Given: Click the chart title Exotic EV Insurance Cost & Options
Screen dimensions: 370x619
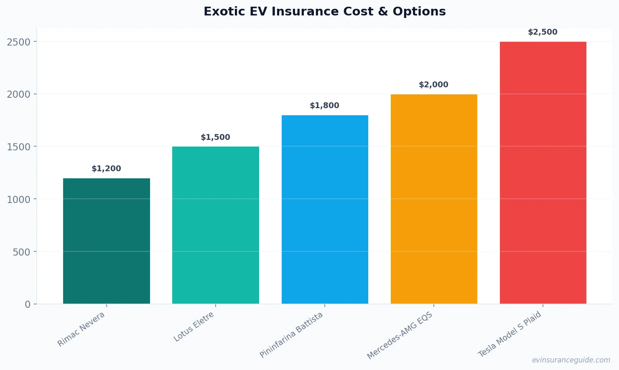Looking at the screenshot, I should pos(324,12).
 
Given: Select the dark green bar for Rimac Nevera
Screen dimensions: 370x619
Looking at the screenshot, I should pos(106,241).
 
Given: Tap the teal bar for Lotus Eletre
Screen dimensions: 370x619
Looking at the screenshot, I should pos(215,225).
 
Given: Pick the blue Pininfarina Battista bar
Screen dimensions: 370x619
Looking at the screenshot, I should pos(325,209).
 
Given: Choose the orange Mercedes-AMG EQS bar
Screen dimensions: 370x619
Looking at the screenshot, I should pos(434,199).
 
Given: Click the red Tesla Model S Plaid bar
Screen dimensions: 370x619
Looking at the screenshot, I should pos(543,172).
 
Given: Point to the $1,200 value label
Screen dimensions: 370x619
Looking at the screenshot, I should pos(106,169).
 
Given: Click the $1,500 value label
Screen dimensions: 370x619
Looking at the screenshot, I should pos(215,137).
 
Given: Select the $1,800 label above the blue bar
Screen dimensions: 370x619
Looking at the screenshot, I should pos(324,106).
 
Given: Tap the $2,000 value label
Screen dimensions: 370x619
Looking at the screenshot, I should pos(433,85).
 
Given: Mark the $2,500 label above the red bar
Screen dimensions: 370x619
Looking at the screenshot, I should pos(543,32).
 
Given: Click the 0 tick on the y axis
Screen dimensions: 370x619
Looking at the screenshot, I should pos(28,304).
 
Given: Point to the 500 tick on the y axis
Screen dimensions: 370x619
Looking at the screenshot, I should pos(22,252).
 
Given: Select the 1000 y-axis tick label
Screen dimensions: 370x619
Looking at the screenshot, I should pos(19,200).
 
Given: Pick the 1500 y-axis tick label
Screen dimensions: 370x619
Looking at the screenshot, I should pos(19,147).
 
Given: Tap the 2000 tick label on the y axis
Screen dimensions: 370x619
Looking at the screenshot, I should pos(19,94).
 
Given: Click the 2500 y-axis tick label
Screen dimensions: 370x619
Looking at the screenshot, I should pos(19,42).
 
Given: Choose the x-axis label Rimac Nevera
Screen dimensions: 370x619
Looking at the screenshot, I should pos(81,329).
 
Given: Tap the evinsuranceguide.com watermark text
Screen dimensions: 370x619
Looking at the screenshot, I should pos(571,360).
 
